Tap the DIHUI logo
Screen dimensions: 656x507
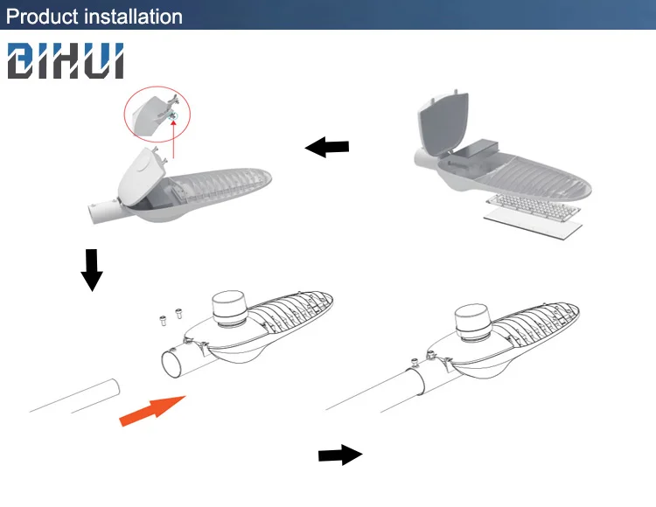coord(66,62)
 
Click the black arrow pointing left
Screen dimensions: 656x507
coord(327,148)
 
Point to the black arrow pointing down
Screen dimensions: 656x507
coord(91,269)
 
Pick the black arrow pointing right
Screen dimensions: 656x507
coord(339,455)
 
